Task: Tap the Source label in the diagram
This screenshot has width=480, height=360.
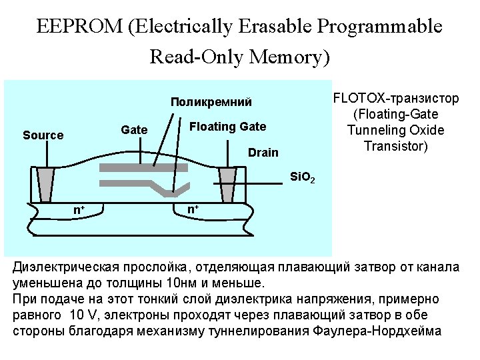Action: (43, 135)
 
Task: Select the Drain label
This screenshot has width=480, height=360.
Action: (263, 153)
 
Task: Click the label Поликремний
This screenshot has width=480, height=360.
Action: (211, 102)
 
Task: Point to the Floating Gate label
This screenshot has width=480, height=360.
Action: (228, 127)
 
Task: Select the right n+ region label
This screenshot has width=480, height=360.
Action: (193, 210)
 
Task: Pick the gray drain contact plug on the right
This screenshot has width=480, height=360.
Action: (227, 183)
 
